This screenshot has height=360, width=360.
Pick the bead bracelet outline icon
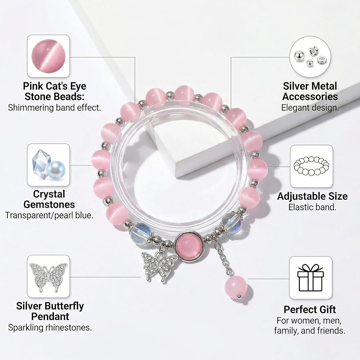point(311,166)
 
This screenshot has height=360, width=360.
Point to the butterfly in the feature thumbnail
point(49,276)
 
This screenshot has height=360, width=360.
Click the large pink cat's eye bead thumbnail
point(49,56)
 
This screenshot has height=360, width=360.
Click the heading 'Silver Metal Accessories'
point(310,91)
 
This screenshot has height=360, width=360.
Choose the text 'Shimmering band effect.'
point(54,107)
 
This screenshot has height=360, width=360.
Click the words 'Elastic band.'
point(312,207)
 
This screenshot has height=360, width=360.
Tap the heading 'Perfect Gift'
point(310,309)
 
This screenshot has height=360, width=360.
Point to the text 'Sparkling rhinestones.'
point(50,327)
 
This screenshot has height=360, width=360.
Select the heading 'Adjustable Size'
point(312,196)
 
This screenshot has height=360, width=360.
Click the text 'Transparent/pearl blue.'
point(49,215)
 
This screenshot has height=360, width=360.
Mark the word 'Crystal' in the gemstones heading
point(49,194)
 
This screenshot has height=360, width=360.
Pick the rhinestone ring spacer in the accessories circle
point(322,61)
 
